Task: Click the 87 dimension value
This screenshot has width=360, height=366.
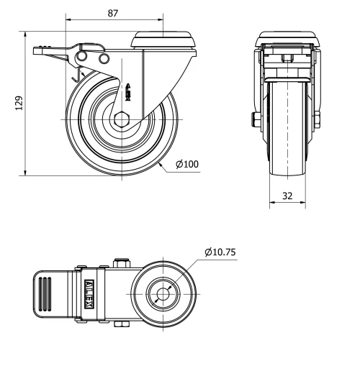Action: tap(112, 12)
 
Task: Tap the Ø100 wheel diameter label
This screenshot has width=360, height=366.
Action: tap(187, 165)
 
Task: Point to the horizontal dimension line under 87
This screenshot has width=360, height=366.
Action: tap(112, 22)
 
